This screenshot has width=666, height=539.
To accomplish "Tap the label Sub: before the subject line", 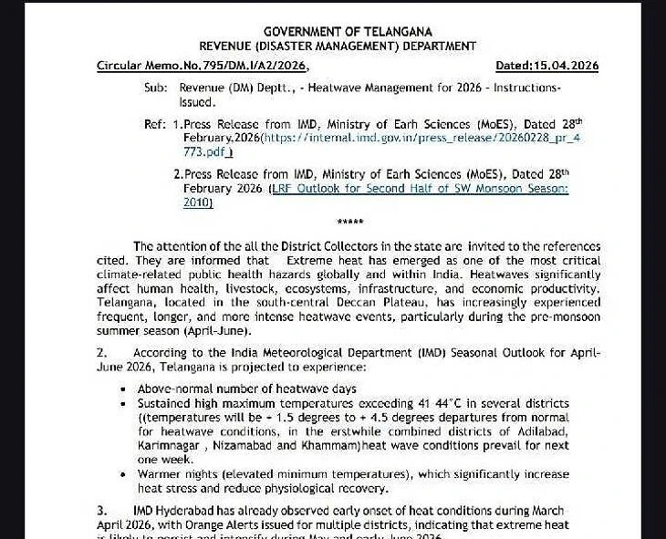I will click(x=156, y=88).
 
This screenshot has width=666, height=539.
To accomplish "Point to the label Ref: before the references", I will click(x=155, y=123).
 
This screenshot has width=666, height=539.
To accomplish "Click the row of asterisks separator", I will click(x=350, y=223).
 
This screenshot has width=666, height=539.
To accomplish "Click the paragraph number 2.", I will click(x=101, y=353).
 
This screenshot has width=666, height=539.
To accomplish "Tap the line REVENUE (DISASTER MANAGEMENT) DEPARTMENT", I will click(x=338, y=47).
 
